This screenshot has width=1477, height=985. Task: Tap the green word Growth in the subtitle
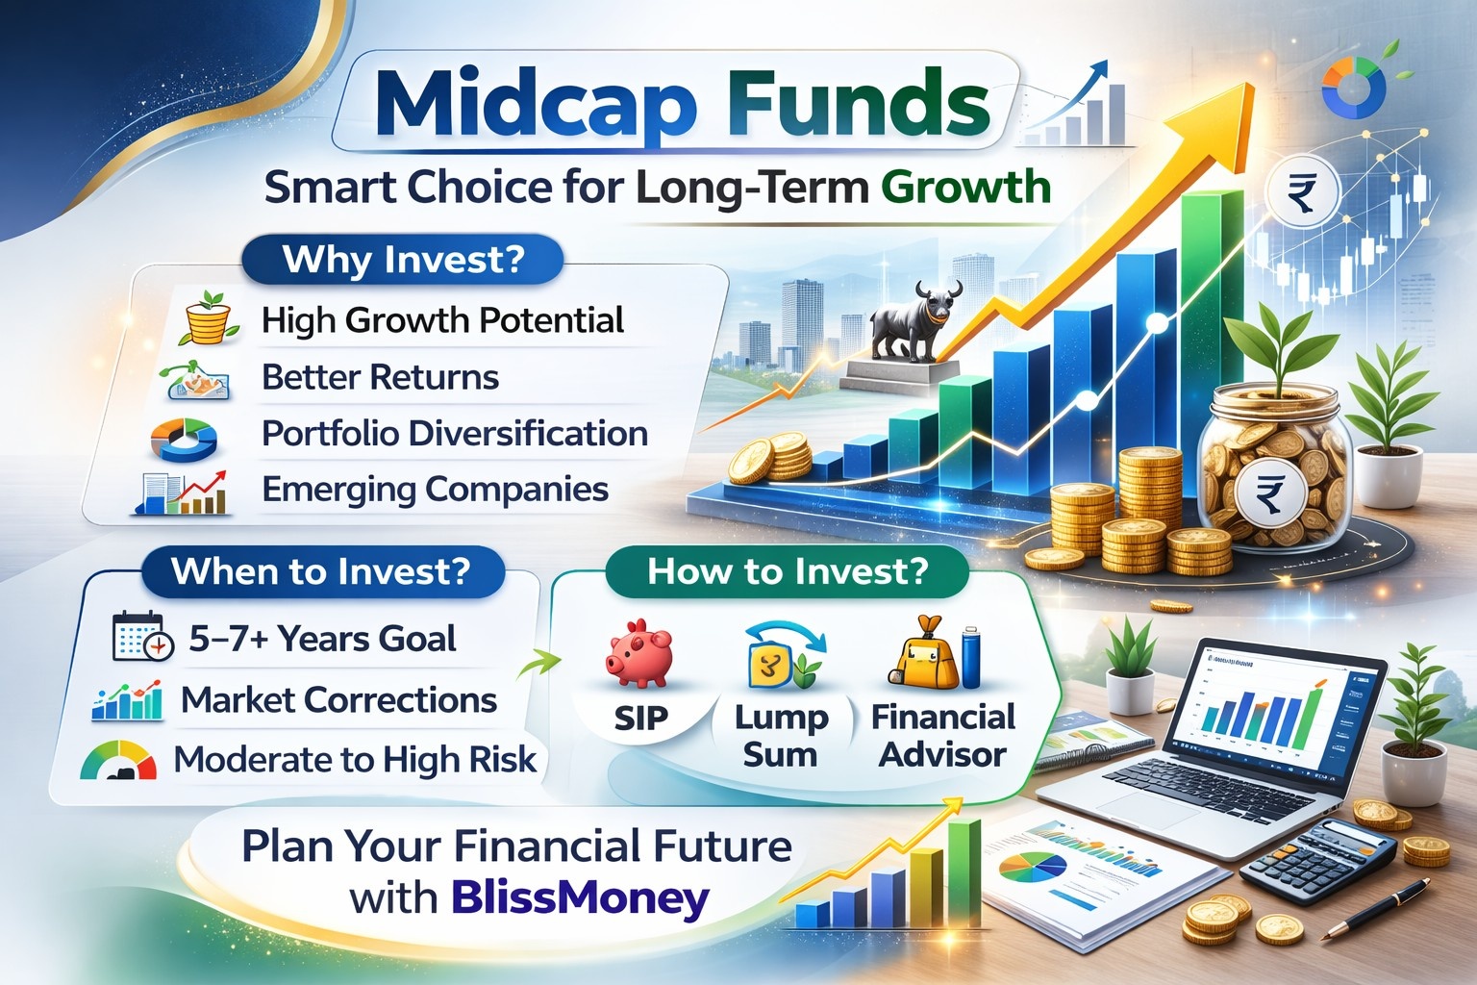click(965, 187)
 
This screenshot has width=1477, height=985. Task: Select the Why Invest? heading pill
click(402, 260)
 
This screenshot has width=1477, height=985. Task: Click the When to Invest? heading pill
click(321, 571)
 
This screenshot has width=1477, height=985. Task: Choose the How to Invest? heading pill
click(787, 571)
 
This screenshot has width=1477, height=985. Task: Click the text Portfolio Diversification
click(454, 434)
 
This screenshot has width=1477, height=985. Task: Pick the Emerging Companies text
click(435, 490)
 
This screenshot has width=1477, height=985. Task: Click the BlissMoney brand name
click(580, 898)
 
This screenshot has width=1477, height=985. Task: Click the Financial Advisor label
click(942, 736)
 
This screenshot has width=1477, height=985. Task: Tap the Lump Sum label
click(781, 736)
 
